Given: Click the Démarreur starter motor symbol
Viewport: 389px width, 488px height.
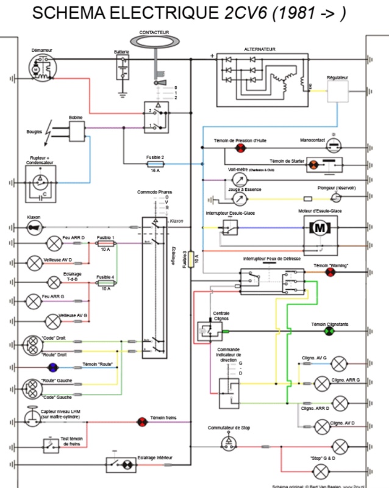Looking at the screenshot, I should [x=41, y=68].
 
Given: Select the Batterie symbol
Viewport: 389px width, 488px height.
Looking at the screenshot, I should [x=123, y=69].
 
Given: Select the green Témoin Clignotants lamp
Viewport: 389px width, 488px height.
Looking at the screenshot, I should [x=329, y=331].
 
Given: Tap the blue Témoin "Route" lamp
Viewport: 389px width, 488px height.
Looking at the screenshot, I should [x=53, y=367].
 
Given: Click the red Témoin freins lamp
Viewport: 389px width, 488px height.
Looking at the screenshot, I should [x=141, y=421].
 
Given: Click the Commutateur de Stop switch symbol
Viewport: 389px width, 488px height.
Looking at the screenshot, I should [x=229, y=441].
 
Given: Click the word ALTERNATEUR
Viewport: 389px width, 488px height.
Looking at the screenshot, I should [x=260, y=48].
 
